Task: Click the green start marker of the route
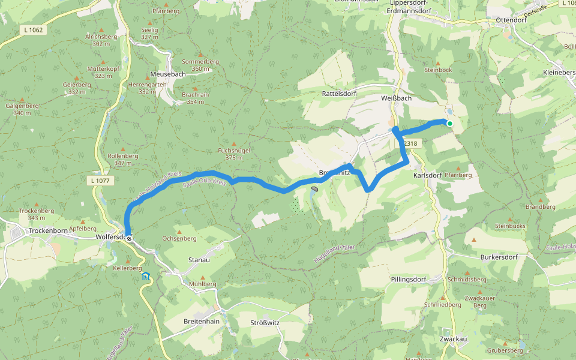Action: pos(449,124)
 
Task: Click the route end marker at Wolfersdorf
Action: pos(128,238)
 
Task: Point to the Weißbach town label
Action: pos(396,97)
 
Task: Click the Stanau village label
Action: pos(199,260)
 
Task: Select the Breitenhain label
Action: pos(202,322)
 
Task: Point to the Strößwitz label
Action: pos(266,322)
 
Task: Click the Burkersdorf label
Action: pos(499,257)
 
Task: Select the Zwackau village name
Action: pos(453,339)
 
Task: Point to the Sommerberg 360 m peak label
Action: pos(200,65)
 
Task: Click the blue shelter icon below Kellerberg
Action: pos(146,277)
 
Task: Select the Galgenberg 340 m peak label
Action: pos(22,109)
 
